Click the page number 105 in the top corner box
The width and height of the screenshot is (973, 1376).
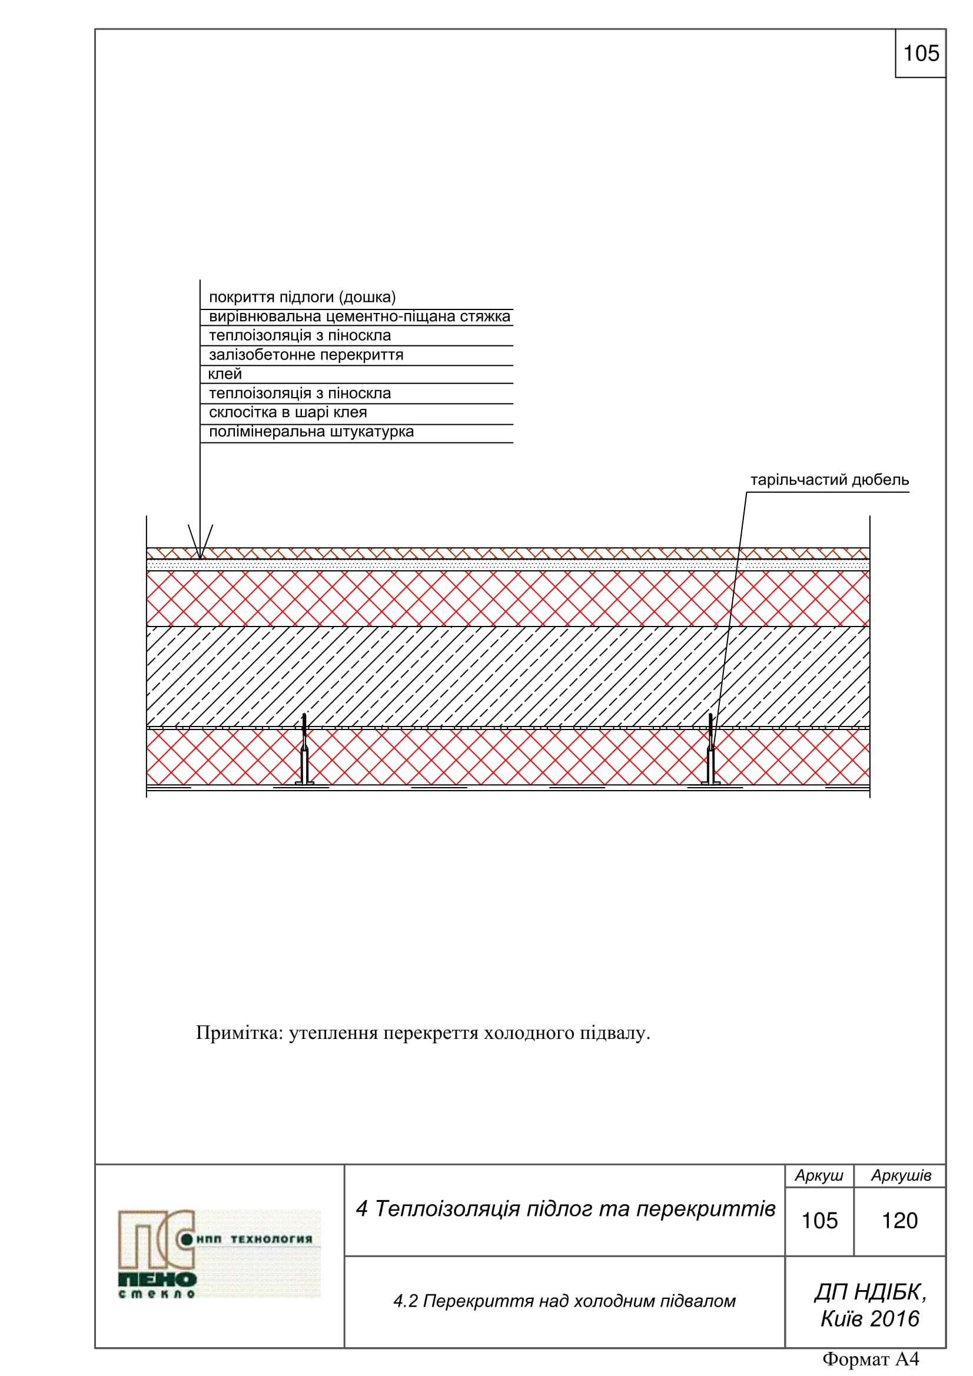[921, 54]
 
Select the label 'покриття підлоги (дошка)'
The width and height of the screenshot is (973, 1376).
[302, 297]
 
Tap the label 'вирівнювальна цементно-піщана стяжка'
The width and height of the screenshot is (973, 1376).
[359, 316]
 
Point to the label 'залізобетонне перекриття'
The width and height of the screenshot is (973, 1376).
[305, 355]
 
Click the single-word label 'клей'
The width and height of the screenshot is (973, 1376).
[225, 374]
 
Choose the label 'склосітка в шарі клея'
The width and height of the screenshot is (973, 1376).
[288, 412]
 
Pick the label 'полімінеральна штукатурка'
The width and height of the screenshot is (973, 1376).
[311, 431]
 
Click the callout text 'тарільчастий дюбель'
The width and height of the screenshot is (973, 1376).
[829, 479]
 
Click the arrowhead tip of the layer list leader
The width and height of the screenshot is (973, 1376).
[200, 558]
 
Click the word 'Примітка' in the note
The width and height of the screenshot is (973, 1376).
[239, 1033]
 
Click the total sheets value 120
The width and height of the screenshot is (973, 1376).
[899, 1221]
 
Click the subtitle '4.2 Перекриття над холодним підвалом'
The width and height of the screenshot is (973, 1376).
[564, 1302]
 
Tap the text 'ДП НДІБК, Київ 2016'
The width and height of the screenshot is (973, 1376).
[869, 1305]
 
